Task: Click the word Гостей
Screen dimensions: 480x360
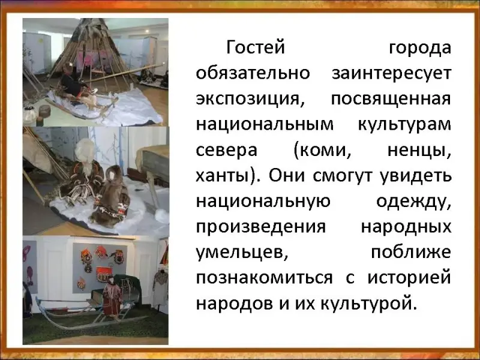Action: point(256,47)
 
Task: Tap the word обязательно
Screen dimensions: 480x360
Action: point(253,73)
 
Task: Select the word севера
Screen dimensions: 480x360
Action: point(226,151)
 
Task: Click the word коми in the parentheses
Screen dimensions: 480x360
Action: point(322,151)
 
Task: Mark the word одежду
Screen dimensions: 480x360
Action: point(413,202)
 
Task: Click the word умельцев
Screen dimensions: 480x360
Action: point(242,254)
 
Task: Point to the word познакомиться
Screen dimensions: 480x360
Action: point(264,278)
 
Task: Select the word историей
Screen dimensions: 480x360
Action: point(409,278)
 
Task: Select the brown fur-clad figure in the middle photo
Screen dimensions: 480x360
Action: point(111,196)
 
